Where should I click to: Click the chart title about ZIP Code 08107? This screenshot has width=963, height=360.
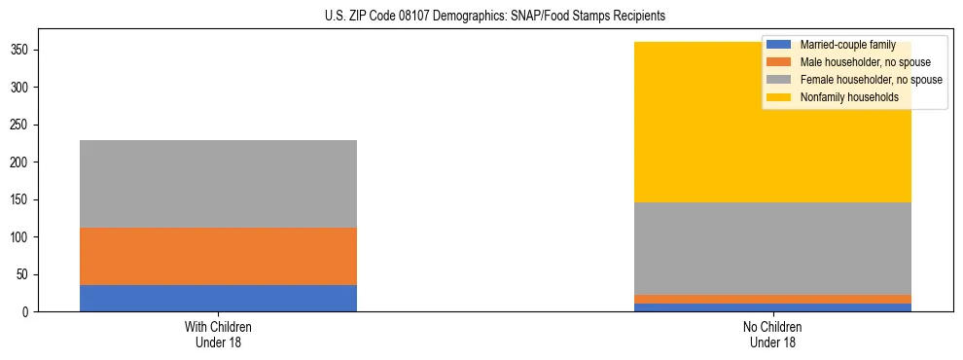pyautogui.click(x=495, y=17)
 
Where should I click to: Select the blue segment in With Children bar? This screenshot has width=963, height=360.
pyautogui.click(x=218, y=298)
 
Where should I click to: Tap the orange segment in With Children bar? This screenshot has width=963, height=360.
pyautogui.click(x=218, y=256)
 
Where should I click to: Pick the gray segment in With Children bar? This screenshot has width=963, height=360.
pyautogui.click(x=218, y=184)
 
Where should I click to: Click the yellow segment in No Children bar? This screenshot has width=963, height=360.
pyautogui.click(x=700, y=122)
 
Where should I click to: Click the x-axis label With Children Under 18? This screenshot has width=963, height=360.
pyautogui.click(x=218, y=334)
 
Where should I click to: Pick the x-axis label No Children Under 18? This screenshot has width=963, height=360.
pyautogui.click(x=772, y=334)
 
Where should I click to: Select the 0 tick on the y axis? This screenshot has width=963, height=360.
pyautogui.click(x=26, y=311)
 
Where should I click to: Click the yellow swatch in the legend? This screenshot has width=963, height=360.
pyautogui.click(x=780, y=97)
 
